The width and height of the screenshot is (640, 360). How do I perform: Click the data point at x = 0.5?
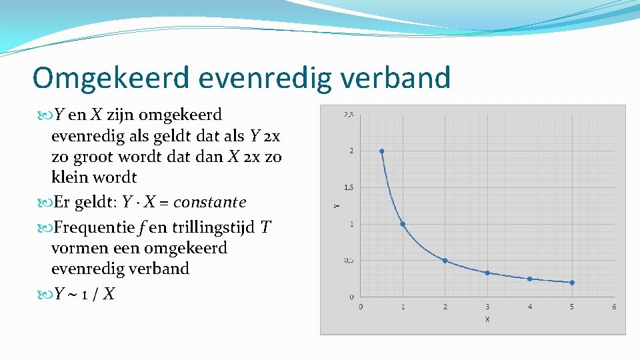(381, 151)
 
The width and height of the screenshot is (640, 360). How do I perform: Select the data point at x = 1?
(403, 224)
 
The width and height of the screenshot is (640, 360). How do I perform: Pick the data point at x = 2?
(445, 261)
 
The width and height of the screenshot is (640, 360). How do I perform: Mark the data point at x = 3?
(487, 273)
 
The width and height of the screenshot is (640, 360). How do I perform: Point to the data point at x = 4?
(529, 279)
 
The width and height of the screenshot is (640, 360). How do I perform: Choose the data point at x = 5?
(572, 283)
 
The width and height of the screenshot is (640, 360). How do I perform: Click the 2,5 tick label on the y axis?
(349, 115)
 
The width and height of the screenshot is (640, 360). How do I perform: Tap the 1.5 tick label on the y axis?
(349, 187)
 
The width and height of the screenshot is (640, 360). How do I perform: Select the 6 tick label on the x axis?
(614, 307)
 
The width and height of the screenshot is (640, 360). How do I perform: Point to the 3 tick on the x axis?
(487, 307)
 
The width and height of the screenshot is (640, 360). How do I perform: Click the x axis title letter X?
(487, 320)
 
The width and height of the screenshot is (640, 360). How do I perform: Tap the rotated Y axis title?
(335, 205)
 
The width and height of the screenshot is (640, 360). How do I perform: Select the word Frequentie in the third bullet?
(95, 228)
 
